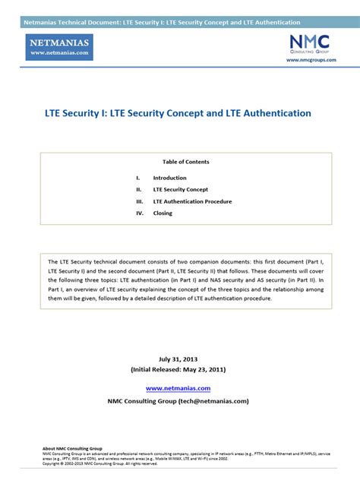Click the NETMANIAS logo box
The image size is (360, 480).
(70, 48)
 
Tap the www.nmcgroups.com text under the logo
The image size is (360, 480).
(310, 59)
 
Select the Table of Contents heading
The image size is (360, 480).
(185, 162)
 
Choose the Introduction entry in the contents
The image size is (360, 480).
(169, 178)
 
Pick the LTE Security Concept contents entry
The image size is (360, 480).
(181, 189)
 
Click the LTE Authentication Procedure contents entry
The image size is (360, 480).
(192, 201)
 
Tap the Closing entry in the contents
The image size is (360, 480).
(163, 213)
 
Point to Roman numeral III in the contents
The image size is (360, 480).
(140, 201)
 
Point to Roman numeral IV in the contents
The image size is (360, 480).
(140, 213)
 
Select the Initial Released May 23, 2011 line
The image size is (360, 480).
(178, 369)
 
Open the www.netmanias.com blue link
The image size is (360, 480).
(178, 387)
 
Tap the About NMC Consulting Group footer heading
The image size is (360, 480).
(72, 449)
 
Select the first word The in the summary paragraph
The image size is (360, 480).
(53, 261)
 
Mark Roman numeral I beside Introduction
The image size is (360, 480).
(138, 178)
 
